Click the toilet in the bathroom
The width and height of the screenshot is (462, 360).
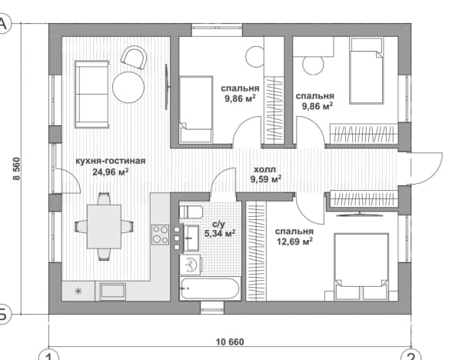tap(191, 212)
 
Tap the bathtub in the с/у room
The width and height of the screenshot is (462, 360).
tap(210, 288)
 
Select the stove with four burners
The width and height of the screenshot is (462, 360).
tap(161, 235)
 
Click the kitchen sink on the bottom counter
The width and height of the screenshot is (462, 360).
tap(113, 292)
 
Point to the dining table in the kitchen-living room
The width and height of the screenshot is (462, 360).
tap(104, 226)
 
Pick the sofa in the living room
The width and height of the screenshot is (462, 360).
tap(92, 95)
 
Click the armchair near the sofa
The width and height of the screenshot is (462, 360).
tap(134, 57)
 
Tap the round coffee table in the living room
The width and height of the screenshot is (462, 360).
tap(128, 87)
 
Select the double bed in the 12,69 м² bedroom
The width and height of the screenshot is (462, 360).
tap(361, 267)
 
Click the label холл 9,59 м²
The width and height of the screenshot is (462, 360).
tap(265, 175)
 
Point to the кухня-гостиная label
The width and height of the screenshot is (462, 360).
tap(111, 161)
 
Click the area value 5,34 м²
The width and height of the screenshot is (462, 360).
tap(220, 234)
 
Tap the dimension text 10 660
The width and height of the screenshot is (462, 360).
tap(230, 342)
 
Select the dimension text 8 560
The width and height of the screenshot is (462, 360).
tap(16, 168)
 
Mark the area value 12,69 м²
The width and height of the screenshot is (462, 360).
tap(294, 242)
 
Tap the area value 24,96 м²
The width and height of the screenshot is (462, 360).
tap(111, 172)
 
